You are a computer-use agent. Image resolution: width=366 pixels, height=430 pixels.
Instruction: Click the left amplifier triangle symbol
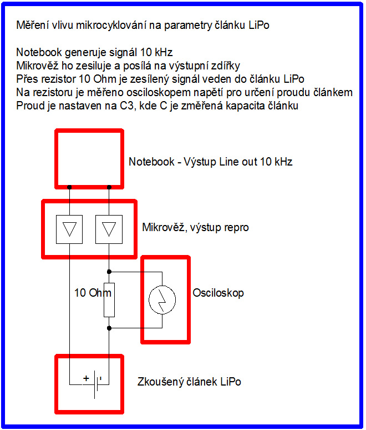pos(69,229)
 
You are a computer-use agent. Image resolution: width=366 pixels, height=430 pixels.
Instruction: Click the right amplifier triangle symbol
pos(109,229)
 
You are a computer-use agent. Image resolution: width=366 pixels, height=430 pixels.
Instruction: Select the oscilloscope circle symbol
pos(162,300)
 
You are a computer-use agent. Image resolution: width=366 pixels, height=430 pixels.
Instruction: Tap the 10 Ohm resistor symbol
pos(109,300)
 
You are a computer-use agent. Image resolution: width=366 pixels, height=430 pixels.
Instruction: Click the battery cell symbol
pos(98,384)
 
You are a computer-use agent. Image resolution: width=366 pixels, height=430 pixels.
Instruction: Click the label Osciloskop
pos(218,293)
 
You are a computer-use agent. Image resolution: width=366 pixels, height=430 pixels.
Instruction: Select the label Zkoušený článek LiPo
pos(189,382)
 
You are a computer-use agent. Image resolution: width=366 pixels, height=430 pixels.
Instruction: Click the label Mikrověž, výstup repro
pos(195,227)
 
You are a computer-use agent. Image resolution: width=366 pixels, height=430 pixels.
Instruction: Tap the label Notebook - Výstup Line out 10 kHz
pos(210,162)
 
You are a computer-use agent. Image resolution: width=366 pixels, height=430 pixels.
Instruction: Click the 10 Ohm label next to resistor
pos(93,293)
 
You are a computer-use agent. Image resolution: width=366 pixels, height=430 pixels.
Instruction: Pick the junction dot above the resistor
pos(109,272)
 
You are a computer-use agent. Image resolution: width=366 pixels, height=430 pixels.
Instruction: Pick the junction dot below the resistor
pos(109,328)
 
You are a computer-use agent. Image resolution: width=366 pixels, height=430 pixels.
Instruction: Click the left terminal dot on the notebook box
pos(69,187)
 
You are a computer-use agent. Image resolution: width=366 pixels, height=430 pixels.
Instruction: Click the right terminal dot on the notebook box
pos(109,187)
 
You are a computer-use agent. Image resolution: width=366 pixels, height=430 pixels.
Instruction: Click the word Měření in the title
pos(33,26)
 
